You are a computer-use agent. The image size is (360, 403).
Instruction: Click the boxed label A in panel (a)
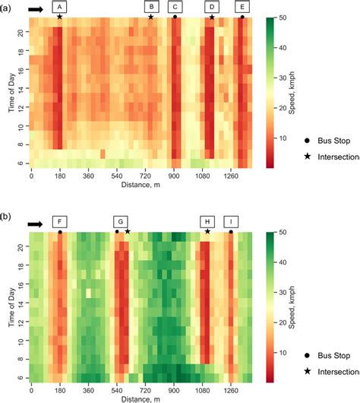point(59,7)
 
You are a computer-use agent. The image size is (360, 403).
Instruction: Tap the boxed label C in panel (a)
point(175,7)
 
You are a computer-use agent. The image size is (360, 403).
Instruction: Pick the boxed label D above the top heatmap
point(211,7)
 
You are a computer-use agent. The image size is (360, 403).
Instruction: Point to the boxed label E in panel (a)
point(242,7)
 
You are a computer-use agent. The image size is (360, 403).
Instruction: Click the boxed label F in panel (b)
point(59,222)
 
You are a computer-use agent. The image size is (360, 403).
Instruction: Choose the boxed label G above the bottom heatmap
point(120,222)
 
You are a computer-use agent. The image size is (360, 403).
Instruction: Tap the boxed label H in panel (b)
point(207,222)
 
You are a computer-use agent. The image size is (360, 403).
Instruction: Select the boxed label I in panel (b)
point(232,222)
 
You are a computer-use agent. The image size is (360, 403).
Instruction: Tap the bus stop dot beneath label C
point(175,17)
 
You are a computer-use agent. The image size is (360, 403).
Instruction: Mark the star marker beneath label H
point(207,231)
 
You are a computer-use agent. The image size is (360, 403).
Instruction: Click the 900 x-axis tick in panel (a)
point(174,174)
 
